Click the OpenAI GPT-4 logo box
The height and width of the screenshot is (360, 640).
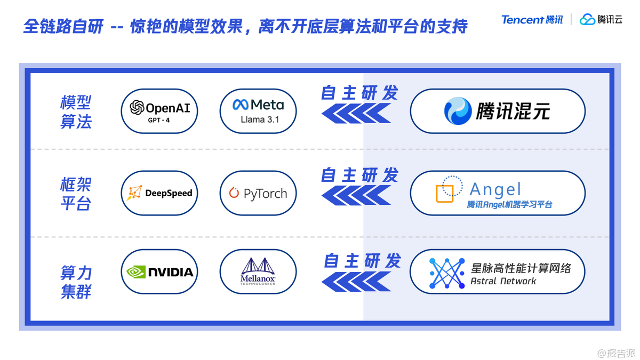pyautogui.click(x=159, y=111)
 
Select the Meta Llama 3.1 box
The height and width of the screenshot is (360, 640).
pyautogui.click(x=258, y=111)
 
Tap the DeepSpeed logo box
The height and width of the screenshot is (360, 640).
pyautogui.click(x=159, y=193)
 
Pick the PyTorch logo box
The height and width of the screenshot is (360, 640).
pyautogui.click(x=258, y=193)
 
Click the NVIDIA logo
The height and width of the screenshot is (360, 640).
pyautogui.click(x=159, y=272)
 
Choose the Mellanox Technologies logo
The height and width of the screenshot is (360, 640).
pyautogui.click(x=258, y=272)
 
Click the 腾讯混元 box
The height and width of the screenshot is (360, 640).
pyautogui.click(x=497, y=111)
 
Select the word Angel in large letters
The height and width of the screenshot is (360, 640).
pyautogui.click(x=495, y=189)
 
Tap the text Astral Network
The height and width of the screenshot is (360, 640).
pyautogui.click(x=503, y=281)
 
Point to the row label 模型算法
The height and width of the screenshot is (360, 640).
pyautogui.click(x=76, y=111)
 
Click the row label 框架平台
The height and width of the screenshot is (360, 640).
pyautogui.click(x=76, y=194)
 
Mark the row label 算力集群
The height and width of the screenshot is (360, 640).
pyautogui.click(x=76, y=282)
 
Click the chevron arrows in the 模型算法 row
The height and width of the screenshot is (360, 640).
pyautogui.click(x=356, y=113)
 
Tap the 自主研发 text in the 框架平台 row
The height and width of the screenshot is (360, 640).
pyautogui.click(x=359, y=175)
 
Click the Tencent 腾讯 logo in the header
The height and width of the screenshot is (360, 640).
pyautogui.click(x=532, y=20)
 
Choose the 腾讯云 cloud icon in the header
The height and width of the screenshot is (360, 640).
pyautogui.click(x=587, y=20)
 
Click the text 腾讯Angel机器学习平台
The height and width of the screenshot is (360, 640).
pyautogui.click(x=509, y=204)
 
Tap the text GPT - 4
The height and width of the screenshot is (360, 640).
pyautogui.click(x=159, y=121)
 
